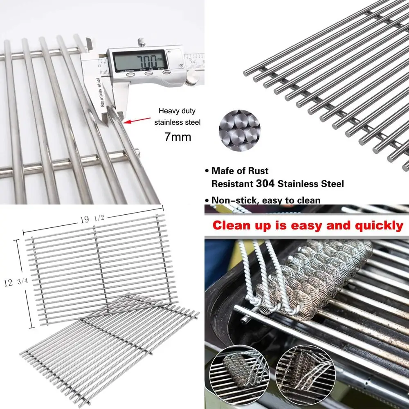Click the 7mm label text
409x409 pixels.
click(x=178, y=137)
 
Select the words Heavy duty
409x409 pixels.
click(x=178, y=110)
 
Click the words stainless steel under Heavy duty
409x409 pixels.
click(x=178, y=122)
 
